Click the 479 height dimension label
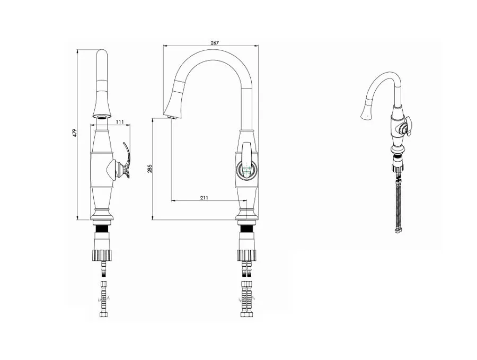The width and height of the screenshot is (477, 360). (75, 133)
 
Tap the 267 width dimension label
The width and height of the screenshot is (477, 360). (215, 43)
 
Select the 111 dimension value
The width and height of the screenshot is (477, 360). (120, 122)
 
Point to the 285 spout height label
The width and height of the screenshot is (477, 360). (149, 168)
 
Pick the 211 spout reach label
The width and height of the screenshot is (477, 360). (204, 198)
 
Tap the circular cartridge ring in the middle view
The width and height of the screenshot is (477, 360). (247, 169)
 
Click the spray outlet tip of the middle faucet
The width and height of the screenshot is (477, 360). (172, 117)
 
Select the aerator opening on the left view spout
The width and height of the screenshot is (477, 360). (102, 117)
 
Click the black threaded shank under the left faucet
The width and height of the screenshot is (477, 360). (102, 229)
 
